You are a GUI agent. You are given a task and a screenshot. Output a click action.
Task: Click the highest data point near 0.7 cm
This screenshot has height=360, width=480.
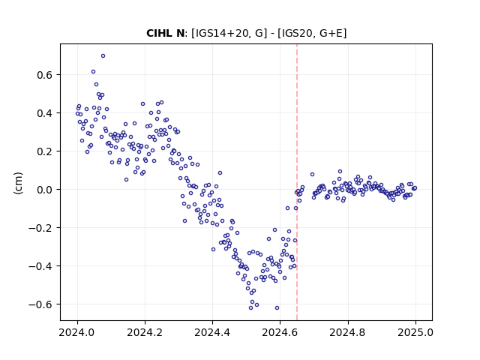tap(103, 55)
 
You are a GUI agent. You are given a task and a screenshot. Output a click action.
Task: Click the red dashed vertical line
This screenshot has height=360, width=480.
tap(297, 182)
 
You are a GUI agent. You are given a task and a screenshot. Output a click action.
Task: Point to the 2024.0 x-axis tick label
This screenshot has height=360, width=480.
tap(77, 332)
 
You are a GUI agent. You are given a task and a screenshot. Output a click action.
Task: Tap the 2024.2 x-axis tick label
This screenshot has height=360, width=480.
tap(145, 332)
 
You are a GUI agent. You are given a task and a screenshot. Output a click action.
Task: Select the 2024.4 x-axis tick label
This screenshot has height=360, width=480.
tap(212, 332)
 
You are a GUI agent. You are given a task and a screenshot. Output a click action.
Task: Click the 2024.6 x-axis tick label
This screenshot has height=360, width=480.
tap(280, 332)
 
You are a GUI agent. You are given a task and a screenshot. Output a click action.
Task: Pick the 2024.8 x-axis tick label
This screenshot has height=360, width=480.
tap(348, 332)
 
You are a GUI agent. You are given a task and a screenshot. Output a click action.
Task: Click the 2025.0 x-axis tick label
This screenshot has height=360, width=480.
tap(415, 332)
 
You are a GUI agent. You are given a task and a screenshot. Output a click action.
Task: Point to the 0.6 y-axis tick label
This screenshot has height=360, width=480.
tap(45, 75)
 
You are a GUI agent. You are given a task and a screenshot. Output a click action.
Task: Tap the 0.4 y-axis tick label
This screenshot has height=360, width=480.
tap(45, 113)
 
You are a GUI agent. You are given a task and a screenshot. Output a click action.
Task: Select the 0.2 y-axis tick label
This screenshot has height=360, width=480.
tap(45, 151)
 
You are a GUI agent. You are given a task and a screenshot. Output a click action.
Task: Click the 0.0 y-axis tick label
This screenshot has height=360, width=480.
tap(45, 190)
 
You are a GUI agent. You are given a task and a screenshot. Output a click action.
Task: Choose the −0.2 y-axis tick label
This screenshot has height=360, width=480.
tap(40, 228)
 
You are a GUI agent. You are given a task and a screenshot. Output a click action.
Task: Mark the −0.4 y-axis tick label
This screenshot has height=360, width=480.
tap(40, 266)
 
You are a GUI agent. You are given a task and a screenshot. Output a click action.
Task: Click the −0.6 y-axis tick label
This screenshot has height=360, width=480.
tap(40, 304)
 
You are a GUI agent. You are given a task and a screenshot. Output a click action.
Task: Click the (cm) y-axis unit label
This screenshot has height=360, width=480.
tap(18, 183)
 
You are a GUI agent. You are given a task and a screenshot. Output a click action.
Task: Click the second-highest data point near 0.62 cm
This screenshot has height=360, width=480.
tap(93, 72)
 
